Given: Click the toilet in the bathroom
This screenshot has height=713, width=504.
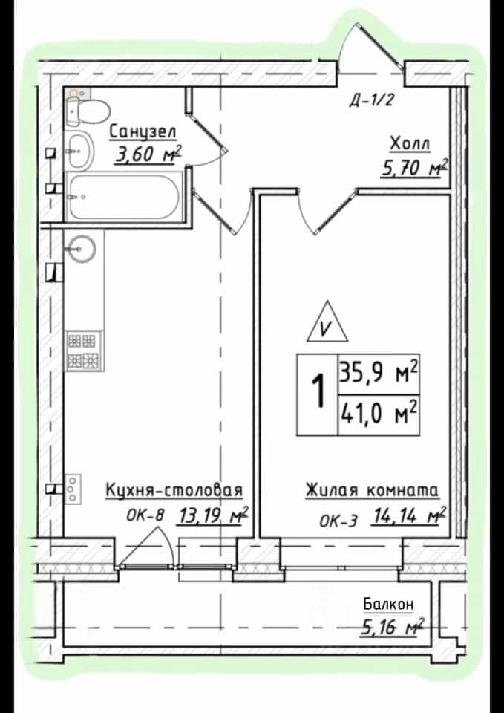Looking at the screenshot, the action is [88, 109].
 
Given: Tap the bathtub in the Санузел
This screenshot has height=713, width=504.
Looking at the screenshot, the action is [124, 196].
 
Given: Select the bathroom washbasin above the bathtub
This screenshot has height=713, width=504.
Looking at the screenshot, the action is [80, 149].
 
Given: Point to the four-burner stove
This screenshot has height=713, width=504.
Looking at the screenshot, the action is [82, 351].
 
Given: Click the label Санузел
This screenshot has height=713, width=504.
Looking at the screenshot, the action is [143, 132].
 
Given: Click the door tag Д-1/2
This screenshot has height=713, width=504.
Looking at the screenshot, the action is [371, 100].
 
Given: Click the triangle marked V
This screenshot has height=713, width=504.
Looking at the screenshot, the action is [327, 322].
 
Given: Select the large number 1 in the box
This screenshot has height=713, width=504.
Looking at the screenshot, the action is [319, 391].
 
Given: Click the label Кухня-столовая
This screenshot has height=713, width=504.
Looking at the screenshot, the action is [174, 491].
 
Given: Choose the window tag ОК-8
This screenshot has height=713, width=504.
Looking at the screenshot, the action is [144, 517].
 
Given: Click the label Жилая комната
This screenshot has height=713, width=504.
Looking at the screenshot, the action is [372, 491].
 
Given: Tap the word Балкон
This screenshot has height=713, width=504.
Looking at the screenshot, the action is [388, 605].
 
